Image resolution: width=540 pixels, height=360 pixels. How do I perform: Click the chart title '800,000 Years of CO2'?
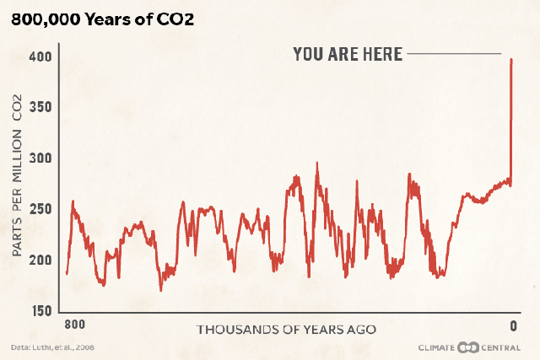(x=102, y=19)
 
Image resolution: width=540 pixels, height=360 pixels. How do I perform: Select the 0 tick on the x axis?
(x=512, y=325)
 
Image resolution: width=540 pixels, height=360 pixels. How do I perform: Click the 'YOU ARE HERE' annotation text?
(x=348, y=54)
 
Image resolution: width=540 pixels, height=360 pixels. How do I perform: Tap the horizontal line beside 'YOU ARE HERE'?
(x=454, y=54)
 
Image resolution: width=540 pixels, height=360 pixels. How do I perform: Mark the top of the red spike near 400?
(x=511, y=60)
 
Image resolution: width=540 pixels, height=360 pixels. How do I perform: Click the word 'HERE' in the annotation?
(x=382, y=54)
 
